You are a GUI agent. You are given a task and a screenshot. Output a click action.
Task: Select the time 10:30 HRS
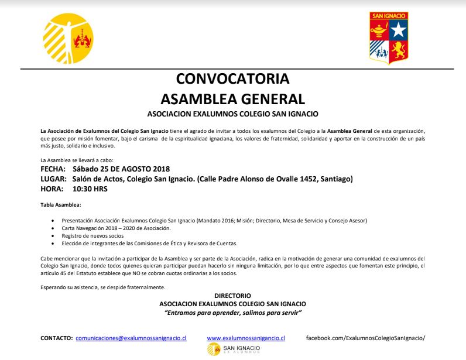(90, 189)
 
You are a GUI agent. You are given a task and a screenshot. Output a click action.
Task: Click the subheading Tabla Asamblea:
(61, 204)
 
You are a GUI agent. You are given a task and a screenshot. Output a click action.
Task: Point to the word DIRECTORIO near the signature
(232, 296)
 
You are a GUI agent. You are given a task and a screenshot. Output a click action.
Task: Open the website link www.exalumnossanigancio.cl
(246, 338)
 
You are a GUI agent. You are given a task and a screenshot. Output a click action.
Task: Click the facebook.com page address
(365, 338)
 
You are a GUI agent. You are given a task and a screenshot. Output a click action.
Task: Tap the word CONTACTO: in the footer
(56, 338)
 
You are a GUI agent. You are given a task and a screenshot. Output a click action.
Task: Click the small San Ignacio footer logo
(233, 350)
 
